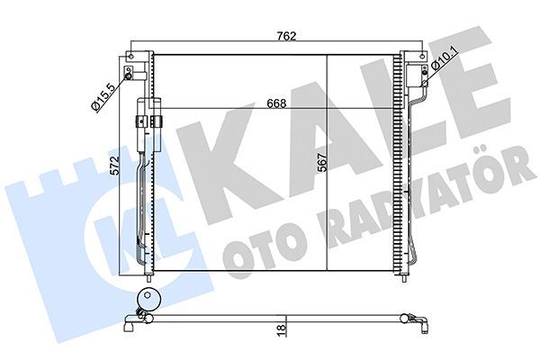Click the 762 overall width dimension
[285, 38]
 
